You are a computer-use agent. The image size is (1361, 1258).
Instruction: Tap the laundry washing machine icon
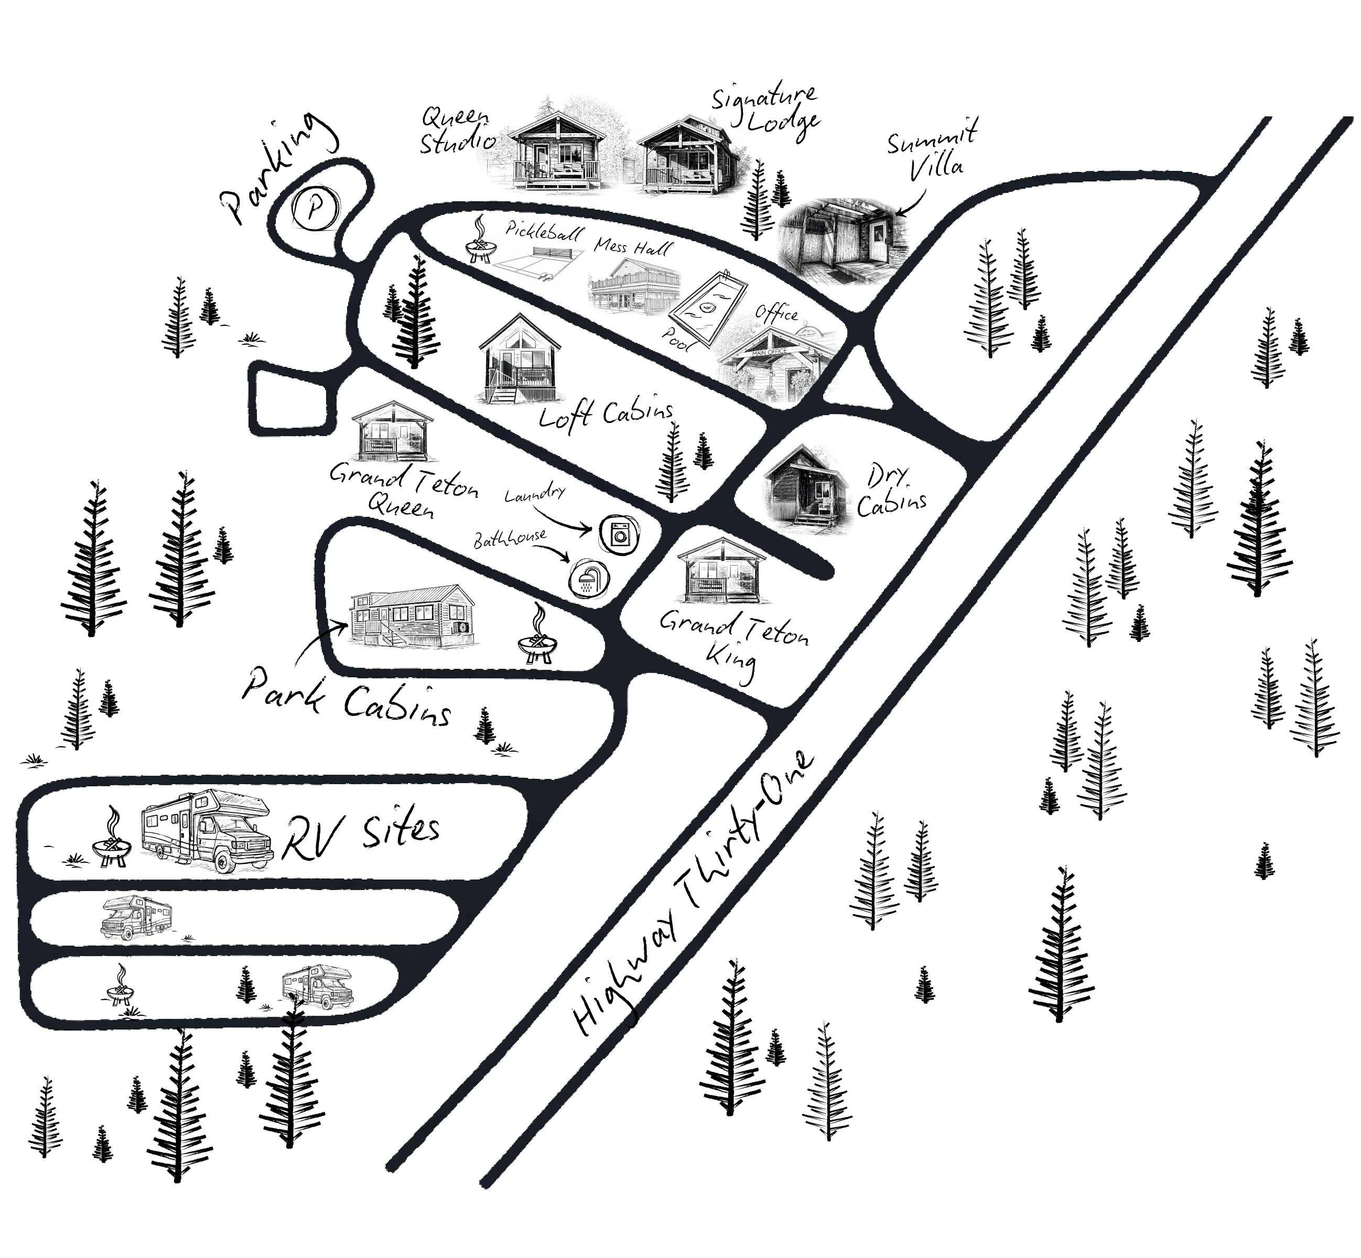(x=618, y=533)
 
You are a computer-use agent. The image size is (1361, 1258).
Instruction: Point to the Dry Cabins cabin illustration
(x=807, y=483)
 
